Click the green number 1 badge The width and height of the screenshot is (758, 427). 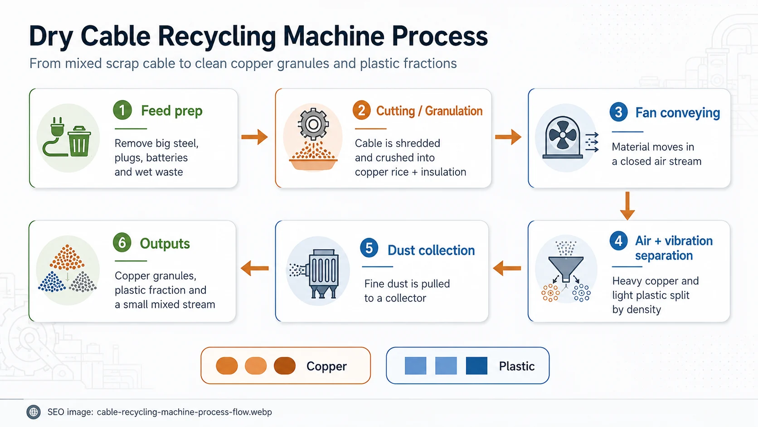pos(122,110)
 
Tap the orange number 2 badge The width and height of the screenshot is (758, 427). pos(361,110)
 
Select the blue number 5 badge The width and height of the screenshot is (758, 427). pos(369,248)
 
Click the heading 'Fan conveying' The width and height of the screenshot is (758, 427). pos(677,113)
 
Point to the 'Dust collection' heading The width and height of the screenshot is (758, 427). pos(431,250)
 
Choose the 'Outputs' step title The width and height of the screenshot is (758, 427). pos(165,244)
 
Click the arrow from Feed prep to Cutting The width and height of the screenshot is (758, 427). pos(254,137)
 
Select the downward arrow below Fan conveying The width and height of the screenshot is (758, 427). pos(627,206)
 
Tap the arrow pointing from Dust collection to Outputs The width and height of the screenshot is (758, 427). pos(255,268)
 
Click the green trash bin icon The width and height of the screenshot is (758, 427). pos(79,142)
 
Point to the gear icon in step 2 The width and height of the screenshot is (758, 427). pos(313,124)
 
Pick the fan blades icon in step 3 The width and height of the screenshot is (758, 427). pos(563,135)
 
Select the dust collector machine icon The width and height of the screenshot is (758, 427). pos(323,274)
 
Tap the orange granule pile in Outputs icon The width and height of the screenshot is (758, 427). pos(67,257)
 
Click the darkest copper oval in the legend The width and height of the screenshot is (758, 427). pos(285,366)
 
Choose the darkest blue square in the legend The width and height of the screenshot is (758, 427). pos(476,366)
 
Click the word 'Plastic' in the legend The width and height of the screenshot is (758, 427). pos(517,366)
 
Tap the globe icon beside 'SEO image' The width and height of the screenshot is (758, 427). pos(34,412)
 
